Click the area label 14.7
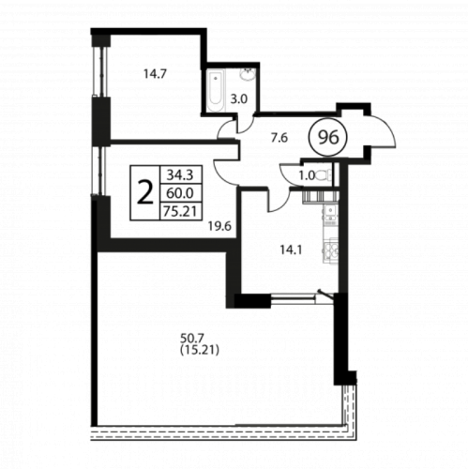(x=155, y=74)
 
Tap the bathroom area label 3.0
(x=239, y=99)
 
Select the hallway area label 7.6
(x=279, y=138)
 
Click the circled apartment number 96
(x=328, y=137)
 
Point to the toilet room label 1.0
(x=307, y=175)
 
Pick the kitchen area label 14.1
(x=291, y=250)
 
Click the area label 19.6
(x=220, y=225)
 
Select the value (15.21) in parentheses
(x=200, y=350)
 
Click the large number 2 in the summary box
(x=145, y=193)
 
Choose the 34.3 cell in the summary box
(x=179, y=175)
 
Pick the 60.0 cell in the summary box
(x=179, y=193)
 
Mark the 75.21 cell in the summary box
(x=181, y=211)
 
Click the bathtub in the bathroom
(x=216, y=90)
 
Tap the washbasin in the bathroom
(x=248, y=74)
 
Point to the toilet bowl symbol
(x=325, y=175)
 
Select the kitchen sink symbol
(x=330, y=209)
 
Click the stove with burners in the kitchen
(x=331, y=250)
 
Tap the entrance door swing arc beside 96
(x=386, y=129)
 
